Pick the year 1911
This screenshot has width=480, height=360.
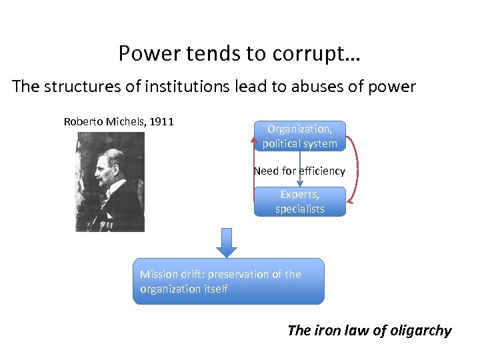[x=162, y=121]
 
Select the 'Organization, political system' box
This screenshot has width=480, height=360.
[x=300, y=136]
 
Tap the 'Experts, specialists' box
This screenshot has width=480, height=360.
[x=300, y=201]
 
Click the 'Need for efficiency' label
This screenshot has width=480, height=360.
[x=299, y=171]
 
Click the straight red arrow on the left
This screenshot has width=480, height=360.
[x=254, y=167]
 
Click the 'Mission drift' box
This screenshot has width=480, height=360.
[x=228, y=281]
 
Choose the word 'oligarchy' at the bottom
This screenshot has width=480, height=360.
[x=419, y=330]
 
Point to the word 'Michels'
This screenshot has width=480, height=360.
[x=128, y=121]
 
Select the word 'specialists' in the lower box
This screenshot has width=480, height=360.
[x=300, y=209]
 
